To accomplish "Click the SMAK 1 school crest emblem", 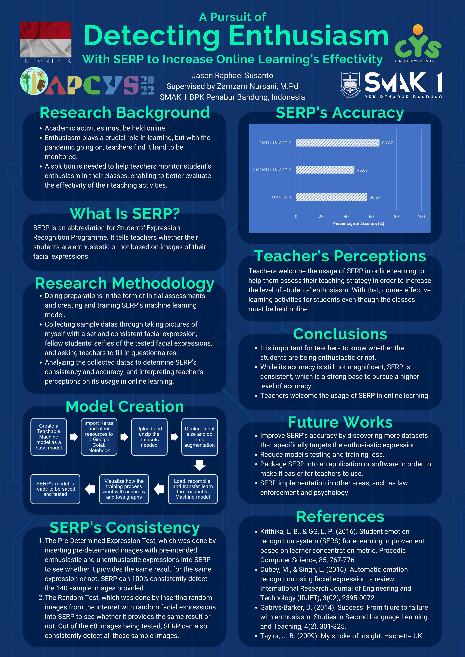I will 350,85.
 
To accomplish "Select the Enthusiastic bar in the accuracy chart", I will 337,143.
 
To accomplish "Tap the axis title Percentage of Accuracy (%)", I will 358,223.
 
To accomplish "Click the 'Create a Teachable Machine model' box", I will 49,437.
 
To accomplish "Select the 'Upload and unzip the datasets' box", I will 149,437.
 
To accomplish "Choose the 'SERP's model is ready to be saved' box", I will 55,489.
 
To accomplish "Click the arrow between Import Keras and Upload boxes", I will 124,437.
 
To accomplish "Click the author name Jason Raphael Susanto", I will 232,76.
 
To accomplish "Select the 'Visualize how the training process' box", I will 124,489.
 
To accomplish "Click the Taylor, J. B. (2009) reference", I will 342,636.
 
